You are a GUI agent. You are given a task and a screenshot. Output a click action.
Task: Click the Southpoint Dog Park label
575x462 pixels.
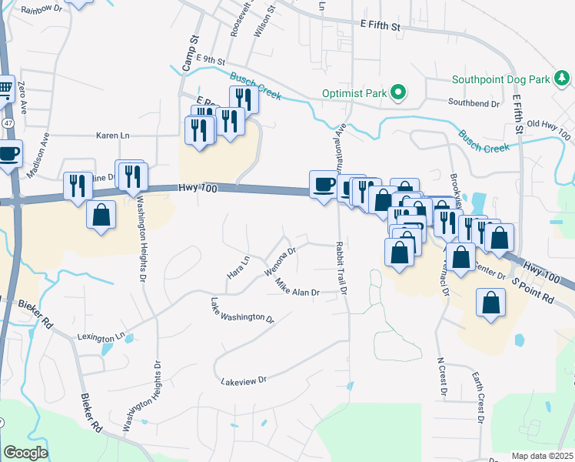(x=500, y=79)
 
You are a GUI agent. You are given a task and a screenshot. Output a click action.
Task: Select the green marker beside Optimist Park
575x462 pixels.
(x=397, y=93)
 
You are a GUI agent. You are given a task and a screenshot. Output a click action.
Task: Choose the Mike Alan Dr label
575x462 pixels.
(x=297, y=288)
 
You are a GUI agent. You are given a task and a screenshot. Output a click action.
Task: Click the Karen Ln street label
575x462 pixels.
(x=113, y=136)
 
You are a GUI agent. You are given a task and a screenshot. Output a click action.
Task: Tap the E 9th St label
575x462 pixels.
(x=210, y=59)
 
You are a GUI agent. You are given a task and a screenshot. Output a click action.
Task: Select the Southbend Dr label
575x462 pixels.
(x=474, y=101)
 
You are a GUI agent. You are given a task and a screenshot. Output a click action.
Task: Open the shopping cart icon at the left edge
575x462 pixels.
(x=5, y=91)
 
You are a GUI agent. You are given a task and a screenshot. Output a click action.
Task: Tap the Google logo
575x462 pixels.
(x=25, y=453)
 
